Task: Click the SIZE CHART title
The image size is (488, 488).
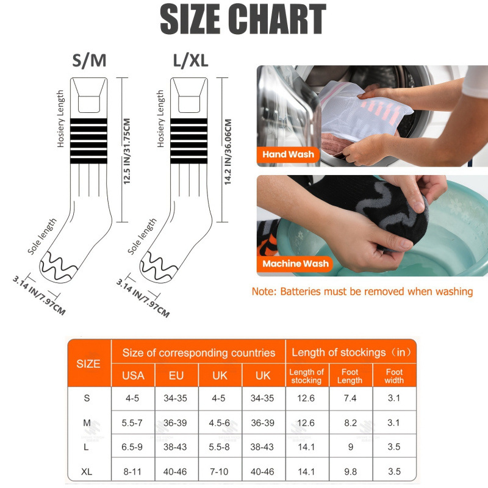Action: click(x=243, y=20)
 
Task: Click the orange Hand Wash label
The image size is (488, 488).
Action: click(x=288, y=154)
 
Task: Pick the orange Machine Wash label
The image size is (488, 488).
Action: click(x=295, y=264)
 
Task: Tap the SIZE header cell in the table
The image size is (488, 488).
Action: click(x=88, y=364)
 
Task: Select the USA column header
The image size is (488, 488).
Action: click(x=133, y=376)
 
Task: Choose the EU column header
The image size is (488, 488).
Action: click(x=176, y=376)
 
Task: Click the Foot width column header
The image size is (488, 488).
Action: click(x=394, y=376)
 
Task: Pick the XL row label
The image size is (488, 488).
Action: click(x=88, y=471)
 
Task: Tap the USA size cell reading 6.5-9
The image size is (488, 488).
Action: click(x=133, y=447)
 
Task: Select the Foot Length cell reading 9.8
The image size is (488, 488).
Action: click(x=350, y=471)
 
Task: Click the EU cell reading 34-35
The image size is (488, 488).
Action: click(x=176, y=398)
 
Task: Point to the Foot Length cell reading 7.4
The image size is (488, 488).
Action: click(x=350, y=398)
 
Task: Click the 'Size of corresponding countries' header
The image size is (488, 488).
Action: click(x=198, y=353)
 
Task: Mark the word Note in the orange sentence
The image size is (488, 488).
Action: click(x=264, y=292)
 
